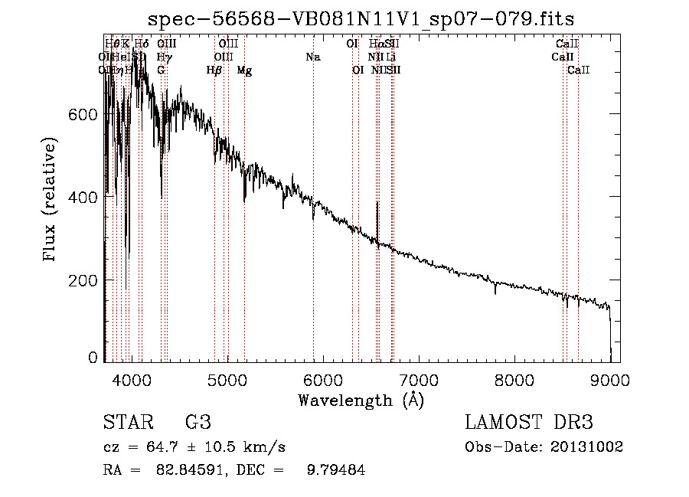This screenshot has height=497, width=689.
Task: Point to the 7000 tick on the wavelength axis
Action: [x=418, y=379]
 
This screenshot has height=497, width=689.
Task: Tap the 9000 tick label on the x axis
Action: [x=610, y=379]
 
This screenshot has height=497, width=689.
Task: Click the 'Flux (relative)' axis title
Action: [x=51, y=200]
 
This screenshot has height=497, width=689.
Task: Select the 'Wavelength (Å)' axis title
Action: [x=361, y=400]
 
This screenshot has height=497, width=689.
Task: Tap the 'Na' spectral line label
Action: [x=312, y=57]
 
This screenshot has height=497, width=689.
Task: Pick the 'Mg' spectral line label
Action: [x=244, y=70]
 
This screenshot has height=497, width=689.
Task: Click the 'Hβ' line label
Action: [x=214, y=70]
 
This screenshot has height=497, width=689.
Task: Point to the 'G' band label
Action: [x=161, y=70]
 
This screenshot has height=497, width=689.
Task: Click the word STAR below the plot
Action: [x=128, y=423]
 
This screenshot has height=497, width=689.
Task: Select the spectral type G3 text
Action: [x=198, y=423]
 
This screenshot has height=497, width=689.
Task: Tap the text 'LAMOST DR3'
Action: [x=529, y=423]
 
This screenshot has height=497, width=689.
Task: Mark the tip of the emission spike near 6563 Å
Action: [x=377, y=202]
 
